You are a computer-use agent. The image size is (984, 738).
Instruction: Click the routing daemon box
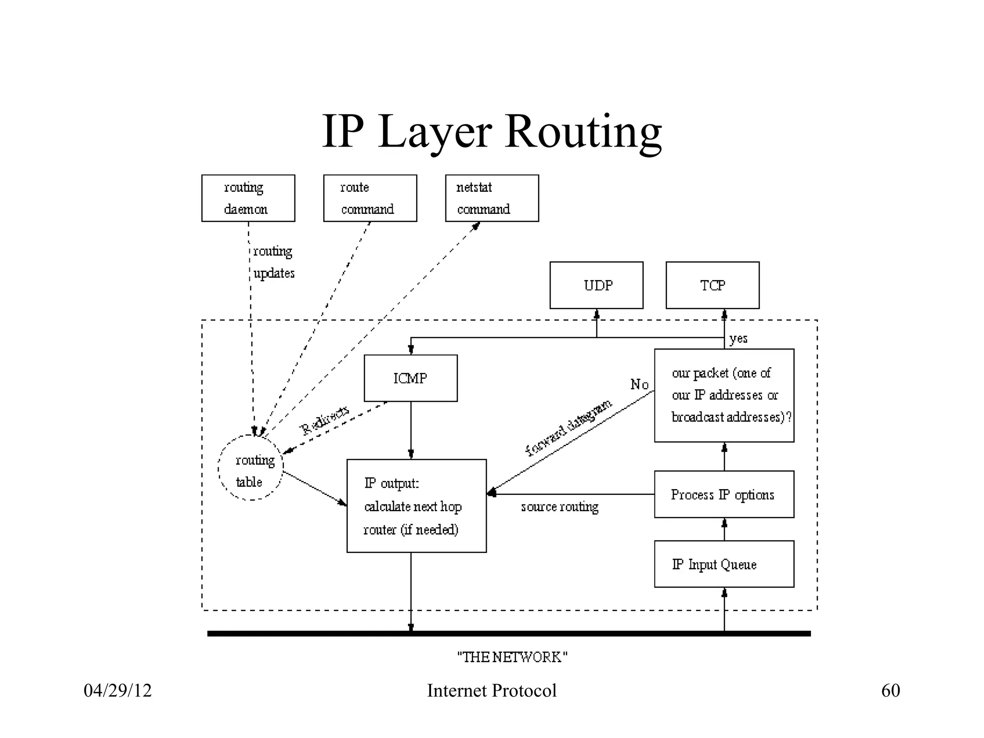pos(248,198)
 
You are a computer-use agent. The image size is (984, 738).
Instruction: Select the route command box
pos(370,198)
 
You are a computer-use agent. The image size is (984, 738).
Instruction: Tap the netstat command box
pos(492,198)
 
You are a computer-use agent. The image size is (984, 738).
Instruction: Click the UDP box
pos(596,285)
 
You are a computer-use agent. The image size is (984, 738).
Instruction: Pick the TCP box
pos(713,285)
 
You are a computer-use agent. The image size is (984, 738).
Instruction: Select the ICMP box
pos(410,378)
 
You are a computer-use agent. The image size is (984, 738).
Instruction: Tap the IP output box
pos(416,506)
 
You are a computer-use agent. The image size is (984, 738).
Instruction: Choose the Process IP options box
pos(724,494)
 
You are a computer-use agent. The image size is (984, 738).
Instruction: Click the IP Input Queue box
pos(724,564)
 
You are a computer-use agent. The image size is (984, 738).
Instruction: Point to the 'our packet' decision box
pos(724,395)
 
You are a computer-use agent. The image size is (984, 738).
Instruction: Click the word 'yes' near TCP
pos(738,339)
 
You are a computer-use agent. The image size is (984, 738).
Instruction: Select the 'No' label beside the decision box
pos(639,384)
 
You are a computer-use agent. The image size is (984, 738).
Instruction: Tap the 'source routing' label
pos(560,507)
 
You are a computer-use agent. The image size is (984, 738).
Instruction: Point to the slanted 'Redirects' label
pos(324,420)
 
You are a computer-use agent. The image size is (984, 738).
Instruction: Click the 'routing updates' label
pos(273,262)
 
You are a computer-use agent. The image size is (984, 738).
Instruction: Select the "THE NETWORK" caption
pos(512,657)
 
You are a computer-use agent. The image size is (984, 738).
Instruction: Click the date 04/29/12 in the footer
pos(118,691)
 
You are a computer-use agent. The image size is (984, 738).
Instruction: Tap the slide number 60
pos(890,691)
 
